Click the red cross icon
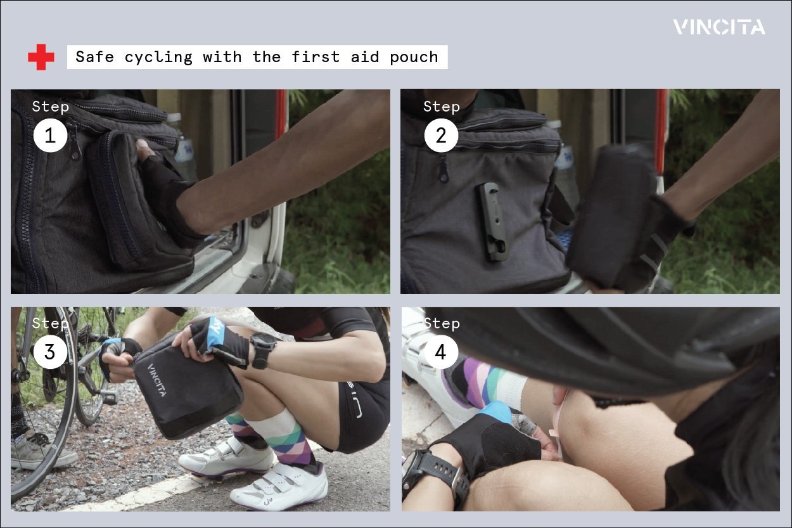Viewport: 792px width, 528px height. pyautogui.click(x=41, y=57)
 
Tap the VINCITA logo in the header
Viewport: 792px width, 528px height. pyautogui.click(x=719, y=27)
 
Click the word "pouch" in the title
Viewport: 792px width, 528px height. pyautogui.click(x=414, y=57)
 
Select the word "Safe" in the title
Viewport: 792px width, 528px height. pyautogui.click(x=95, y=56)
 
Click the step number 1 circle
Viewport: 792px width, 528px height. pyautogui.click(x=50, y=136)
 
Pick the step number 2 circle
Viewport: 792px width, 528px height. pyautogui.click(x=441, y=136)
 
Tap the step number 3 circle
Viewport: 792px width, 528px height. pyautogui.click(x=50, y=352)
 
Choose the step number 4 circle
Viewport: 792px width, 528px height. pyautogui.click(x=440, y=352)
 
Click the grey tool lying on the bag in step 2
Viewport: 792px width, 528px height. pyautogui.click(x=490, y=221)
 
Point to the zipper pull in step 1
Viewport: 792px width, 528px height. pyautogui.click(x=74, y=139)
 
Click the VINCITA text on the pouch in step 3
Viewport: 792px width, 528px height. pyautogui.click(x=157, y=380)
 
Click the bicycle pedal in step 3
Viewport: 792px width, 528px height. pyautogui.click(x=108, y=397)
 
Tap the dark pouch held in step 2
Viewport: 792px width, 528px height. pyautogui.click(x=613, y=215)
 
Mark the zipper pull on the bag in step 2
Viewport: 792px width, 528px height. pyautogui.click(x=444, y=169)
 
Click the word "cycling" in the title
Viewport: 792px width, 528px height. pyautogui.click(x=159, y=58)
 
